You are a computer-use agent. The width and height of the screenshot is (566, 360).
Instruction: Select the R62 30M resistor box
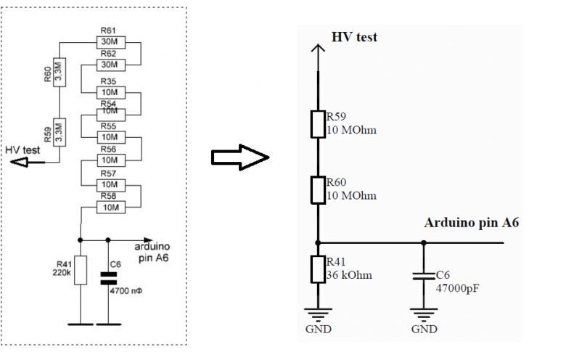coord(109,64)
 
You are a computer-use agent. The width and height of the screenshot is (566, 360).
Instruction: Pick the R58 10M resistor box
coord(109,208)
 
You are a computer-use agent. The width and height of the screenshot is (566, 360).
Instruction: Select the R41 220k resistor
coord(80,269)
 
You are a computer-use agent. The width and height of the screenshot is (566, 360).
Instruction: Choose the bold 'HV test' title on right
coord(354,37)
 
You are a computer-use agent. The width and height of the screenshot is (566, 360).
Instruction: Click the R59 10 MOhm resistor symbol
coord(318,124)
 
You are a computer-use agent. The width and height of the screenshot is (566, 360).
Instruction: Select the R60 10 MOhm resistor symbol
coord(318,189)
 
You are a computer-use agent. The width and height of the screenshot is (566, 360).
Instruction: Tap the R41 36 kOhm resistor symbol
coord(318,269)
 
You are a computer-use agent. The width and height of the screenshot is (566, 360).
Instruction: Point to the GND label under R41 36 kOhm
coord(318,328)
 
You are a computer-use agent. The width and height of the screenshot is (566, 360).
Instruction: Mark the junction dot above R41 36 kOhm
coord(318,242)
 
